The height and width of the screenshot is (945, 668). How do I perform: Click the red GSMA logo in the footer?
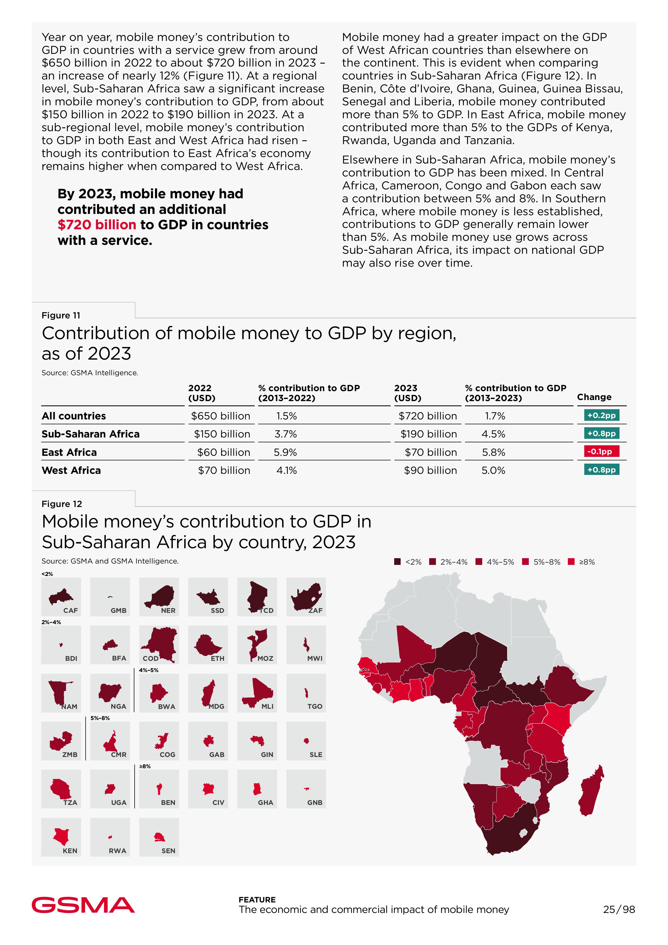coord(83,905)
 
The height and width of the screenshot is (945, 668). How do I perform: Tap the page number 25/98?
coord(619,909)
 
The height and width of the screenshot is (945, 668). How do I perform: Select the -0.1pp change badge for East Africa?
coord(601,451)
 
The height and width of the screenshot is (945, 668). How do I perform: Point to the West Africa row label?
coord(71,470)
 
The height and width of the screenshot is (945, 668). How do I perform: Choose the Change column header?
coord(594,397)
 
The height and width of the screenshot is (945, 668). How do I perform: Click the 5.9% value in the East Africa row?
coord(285,452)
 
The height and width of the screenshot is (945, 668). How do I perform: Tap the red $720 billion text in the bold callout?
coord(97,225)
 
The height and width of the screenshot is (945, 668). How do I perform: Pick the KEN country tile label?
coord(70,850)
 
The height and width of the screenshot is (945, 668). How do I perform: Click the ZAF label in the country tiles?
coord(316,610)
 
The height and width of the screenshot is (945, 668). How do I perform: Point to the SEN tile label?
coord(168,850)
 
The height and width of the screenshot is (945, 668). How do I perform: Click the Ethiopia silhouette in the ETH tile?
coord(207,645)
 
